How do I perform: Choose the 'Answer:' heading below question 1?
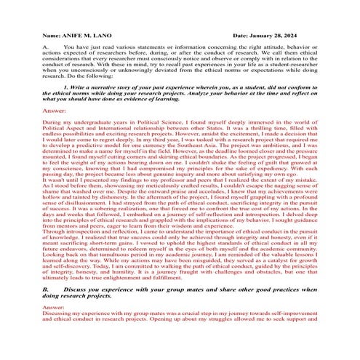tap(55, 110)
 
